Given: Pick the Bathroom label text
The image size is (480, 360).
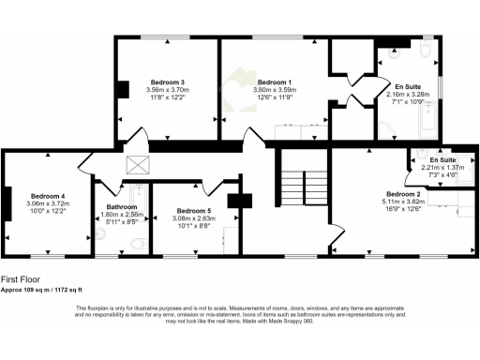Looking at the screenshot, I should click(x=122, y=206).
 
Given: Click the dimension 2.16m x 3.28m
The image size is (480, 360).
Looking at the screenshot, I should click(x=408, y=94).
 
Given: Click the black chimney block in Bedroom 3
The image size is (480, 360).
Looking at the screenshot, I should click(x=122, y=90).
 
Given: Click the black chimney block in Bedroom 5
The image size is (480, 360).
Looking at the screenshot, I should click(x=247, y=200).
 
